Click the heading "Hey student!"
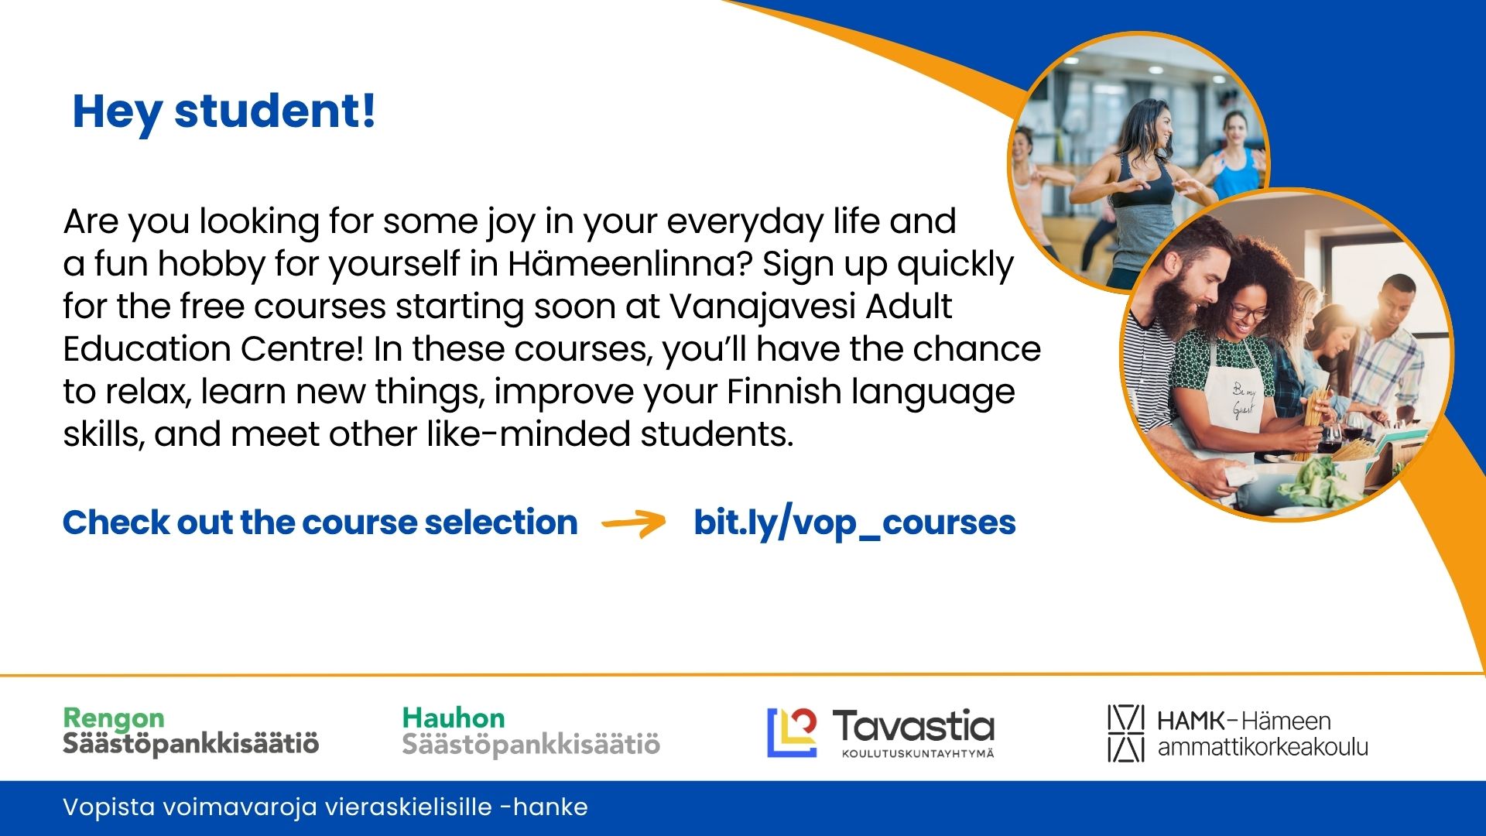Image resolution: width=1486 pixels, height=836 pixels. (224, 112)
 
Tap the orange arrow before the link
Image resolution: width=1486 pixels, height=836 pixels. (633, 523)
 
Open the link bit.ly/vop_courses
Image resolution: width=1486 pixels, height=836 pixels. (854, 523)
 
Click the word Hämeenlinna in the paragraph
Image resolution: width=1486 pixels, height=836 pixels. (630, 264)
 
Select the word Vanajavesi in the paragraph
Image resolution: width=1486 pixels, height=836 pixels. (762, 307)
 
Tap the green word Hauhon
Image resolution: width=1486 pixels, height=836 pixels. (454, 718)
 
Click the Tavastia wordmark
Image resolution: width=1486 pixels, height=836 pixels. (913, 726)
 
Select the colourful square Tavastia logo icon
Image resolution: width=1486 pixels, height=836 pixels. (792, 732)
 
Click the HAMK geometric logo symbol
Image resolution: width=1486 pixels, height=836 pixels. (1125, 733)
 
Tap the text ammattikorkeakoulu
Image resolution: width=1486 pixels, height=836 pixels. (1263, 747)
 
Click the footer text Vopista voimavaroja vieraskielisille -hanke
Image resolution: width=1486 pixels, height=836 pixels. (325, 807)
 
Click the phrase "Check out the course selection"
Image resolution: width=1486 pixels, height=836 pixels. (320, 523)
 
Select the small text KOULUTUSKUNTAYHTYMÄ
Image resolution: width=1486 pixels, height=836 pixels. (918, 753)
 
